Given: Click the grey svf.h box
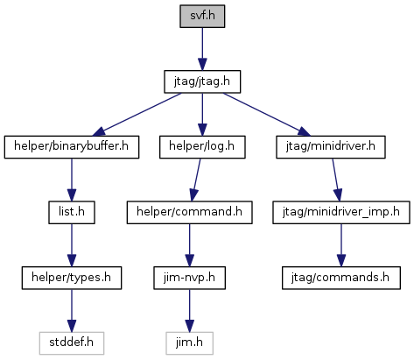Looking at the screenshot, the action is click(x=202, y=17).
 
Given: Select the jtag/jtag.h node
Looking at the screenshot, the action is click(x=202, y=81).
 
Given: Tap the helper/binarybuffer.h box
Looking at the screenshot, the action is click(x=72, y=147).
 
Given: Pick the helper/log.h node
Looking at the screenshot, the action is click(x=202, y=147).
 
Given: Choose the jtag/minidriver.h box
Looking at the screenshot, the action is click(x=331, y=147).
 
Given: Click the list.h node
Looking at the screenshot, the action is click(x=72, y=213).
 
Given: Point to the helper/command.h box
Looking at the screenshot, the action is click(x=189, y=213).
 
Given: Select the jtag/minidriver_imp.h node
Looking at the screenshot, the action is click(x=341, y=213).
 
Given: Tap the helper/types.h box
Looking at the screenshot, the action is click(x=72, y=278).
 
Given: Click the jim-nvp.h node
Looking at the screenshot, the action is click(x=189, y=278).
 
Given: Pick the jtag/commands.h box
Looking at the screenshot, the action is click(x=341, y=278).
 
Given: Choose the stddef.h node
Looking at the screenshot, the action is click(x=72, y=343).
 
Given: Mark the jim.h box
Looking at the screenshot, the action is click(x=189, y=343).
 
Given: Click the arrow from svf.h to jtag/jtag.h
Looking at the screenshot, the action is click(x=202, y=49).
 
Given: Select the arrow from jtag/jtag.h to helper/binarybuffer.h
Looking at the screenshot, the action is click(x=137, y=115).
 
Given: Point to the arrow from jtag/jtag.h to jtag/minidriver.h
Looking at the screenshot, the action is click(x=267, y=115).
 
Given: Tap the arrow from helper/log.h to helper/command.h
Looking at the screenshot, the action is click(x=195, y=180).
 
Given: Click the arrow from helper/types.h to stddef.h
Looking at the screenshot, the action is click(x=72, y=311).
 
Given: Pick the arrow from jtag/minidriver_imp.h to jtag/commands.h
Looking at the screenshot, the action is click(x=341, y=245).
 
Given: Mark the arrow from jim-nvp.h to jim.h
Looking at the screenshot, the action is click(x=189, y=311).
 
